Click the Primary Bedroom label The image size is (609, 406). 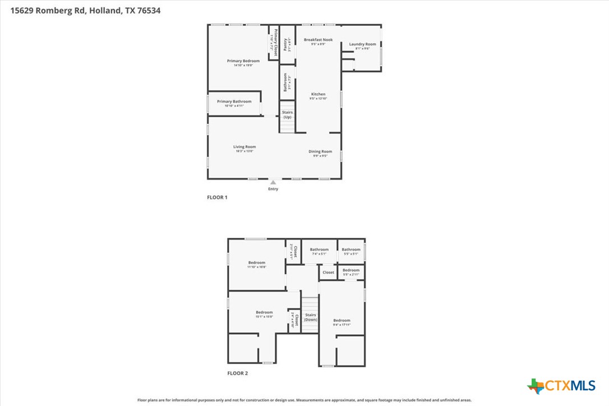243,61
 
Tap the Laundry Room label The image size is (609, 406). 362,44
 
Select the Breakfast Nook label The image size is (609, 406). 319,40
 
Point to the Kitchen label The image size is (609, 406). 318,94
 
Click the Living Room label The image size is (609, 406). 244,147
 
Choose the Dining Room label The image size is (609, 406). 320,151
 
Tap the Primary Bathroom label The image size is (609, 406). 234,101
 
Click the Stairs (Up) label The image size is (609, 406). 287,115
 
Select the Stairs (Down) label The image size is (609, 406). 311,317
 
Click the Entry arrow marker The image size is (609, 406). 273,182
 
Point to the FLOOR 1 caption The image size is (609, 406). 217,197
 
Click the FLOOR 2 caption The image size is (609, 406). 237,373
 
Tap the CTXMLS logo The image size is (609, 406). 561,386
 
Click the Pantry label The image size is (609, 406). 285,44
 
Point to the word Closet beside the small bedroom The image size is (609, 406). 328,273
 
